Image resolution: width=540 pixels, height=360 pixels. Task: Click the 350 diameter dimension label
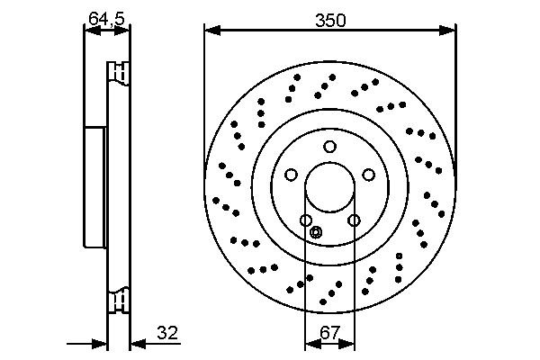329,18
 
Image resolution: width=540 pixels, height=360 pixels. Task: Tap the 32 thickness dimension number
167,333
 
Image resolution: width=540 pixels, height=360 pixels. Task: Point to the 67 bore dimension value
329,333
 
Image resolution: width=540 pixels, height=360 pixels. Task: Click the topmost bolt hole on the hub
330,147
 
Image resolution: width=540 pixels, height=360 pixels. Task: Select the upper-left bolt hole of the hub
292,175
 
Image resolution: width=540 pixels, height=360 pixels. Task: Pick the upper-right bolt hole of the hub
369,175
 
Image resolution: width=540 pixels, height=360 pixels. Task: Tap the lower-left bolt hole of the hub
306,220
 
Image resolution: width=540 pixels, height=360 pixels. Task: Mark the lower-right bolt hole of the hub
354,220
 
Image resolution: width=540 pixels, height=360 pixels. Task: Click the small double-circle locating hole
315,233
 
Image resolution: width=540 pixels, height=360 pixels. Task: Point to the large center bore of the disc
329,193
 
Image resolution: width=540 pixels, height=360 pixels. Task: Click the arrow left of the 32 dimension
100,343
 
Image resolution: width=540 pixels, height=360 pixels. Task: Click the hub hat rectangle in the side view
95,187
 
